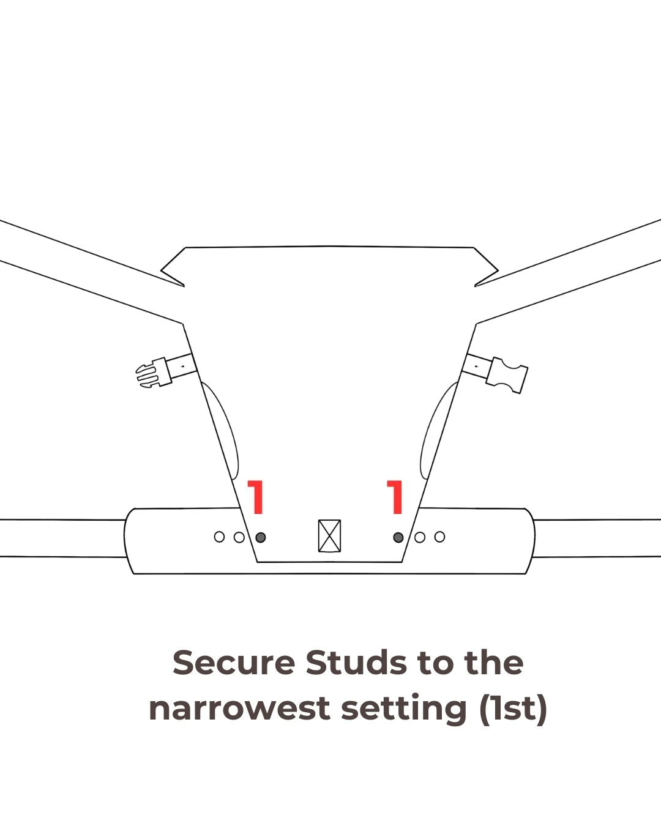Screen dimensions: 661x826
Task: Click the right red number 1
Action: (x=395, y=497)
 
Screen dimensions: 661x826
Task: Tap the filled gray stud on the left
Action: (x=260, y=537)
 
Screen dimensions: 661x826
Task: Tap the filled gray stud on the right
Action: (x=398, y=537)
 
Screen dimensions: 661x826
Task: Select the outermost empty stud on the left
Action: (x=219, y=537)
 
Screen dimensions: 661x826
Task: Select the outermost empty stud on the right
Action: (x=440, y=537)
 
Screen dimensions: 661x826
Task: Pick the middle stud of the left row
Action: (x=239, y=537)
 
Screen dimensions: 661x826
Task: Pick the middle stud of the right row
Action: (x=420, y=537)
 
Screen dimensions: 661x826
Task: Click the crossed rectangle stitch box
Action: (x=329, y=536)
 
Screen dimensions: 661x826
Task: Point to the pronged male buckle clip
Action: (x=153, y=373)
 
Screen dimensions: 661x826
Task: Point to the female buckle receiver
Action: (x=507, y=375)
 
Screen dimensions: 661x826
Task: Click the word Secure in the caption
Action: (x=234, y=663)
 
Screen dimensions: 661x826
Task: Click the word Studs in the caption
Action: (x=356, y=663)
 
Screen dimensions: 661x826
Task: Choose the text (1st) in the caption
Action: (x=513, y=709)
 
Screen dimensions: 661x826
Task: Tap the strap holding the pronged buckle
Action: (x=182, y=366)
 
